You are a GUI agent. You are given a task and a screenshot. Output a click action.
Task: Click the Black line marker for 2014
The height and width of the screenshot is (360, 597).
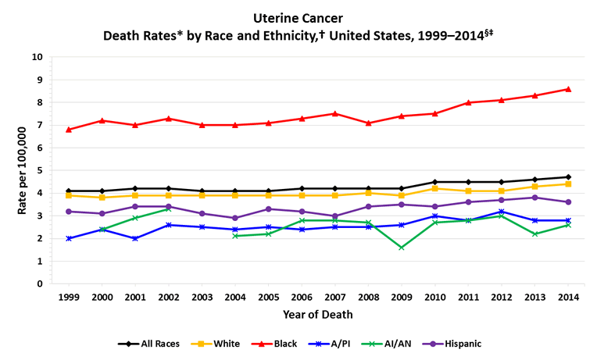568,89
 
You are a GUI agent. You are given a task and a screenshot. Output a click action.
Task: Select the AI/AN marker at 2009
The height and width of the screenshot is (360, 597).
401,248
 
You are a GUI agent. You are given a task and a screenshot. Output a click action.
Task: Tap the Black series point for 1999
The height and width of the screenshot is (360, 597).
69,130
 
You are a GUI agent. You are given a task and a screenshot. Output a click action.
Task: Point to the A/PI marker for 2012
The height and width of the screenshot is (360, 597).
502,212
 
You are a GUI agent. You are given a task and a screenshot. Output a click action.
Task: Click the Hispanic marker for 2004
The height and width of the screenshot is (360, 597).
235,218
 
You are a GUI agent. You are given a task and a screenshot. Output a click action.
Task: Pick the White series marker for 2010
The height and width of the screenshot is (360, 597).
434,188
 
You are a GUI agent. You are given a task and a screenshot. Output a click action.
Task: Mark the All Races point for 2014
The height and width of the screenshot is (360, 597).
568,177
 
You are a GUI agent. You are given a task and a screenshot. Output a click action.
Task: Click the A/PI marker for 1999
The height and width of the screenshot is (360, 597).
69,238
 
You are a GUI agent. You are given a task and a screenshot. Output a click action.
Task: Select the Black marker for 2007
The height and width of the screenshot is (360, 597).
334,113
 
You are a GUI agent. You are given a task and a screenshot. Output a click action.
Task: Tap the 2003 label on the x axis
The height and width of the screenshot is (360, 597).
202,298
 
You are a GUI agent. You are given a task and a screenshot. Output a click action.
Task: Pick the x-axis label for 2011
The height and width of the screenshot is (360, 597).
468,298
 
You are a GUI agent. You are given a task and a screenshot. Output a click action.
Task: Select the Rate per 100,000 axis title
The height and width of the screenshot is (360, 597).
21,170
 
